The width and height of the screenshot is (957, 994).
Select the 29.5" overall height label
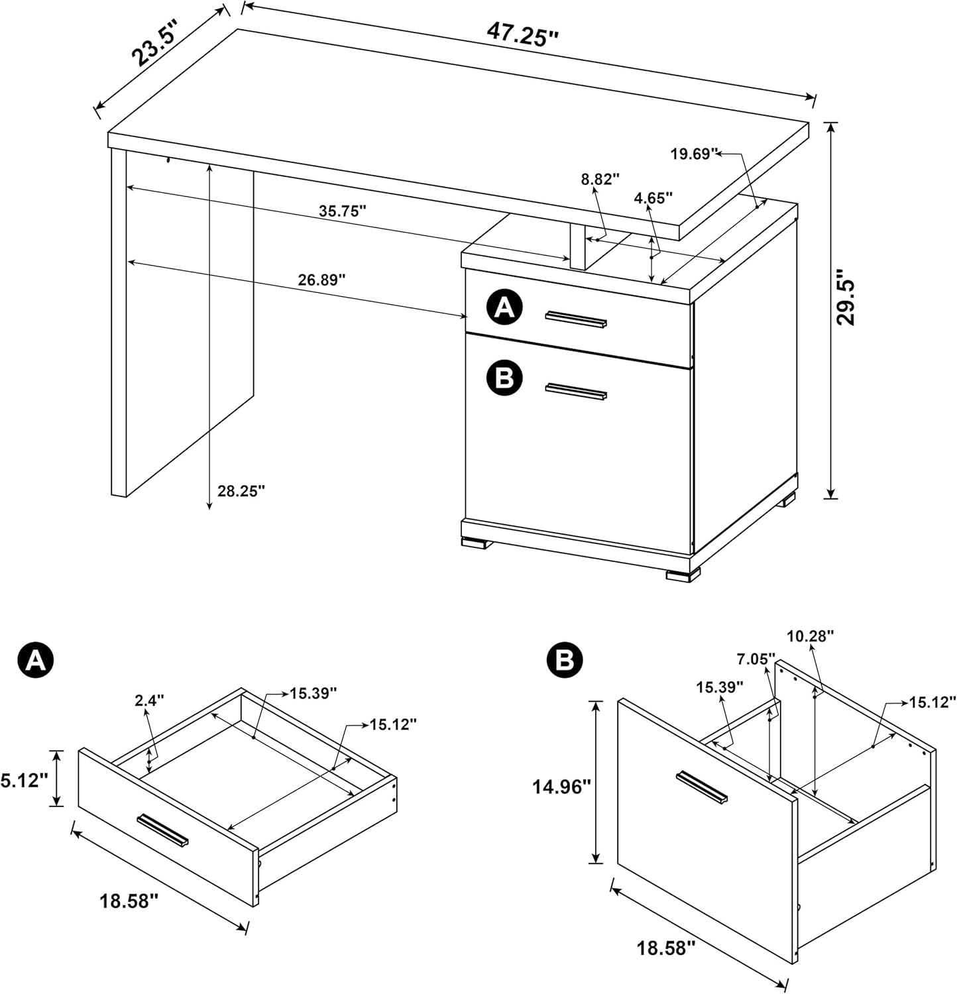[x=846, y=296]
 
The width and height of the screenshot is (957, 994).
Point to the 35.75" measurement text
[x=343, y=211]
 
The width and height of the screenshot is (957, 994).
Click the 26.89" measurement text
[x=321, y=280]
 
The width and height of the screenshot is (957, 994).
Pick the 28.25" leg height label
[x=241, y=491]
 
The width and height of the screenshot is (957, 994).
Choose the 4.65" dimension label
[x=653, y=197]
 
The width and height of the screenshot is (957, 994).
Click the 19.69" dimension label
[x=694, y=154]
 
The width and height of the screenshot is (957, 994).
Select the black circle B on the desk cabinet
[x=505, y=378]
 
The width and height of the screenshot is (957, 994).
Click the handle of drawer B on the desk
[x=576, y=392]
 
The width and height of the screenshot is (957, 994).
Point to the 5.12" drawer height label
[x=24, y=781]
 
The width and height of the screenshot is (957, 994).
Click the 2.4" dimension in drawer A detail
[x=149, y=700]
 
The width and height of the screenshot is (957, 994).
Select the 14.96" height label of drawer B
[x=561, y=787]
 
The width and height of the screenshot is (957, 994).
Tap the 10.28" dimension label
[x=810, y=636]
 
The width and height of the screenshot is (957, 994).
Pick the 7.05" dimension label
[x=756, y=659]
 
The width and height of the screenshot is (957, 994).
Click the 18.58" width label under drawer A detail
[x=129, y=901]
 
